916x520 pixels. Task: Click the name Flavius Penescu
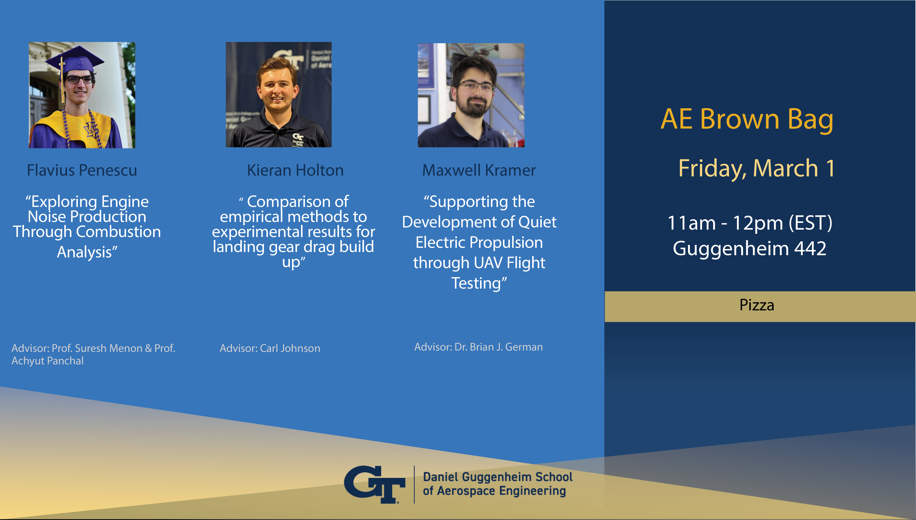pos(82,170)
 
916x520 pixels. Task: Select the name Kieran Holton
pos(295,170)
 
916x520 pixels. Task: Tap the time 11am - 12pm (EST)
pos(750,223)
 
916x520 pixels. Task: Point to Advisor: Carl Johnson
pos(270,348)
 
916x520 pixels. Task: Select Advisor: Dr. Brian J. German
pos(478,347)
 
